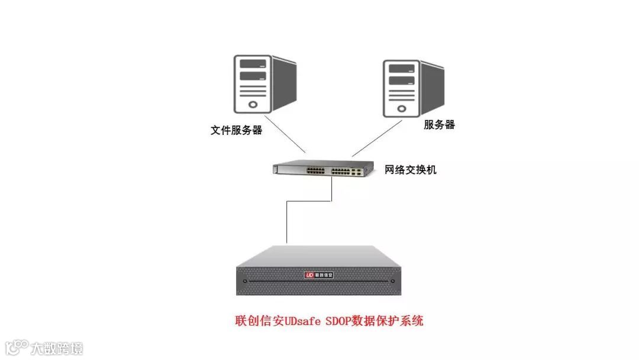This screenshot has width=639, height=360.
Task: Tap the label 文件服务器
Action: coord(236,130)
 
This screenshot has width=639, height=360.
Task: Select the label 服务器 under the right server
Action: coord(440,124)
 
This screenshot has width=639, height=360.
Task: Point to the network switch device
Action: coord(319,169)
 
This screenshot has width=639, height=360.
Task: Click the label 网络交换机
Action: coord(411,170)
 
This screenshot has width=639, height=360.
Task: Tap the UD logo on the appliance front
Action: coord(309,275)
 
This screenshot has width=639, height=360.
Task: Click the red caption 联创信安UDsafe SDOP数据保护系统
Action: coord(329,322)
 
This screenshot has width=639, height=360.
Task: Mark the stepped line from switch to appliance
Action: coord(288,219)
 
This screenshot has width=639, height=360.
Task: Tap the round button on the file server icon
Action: coord(253,104)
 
